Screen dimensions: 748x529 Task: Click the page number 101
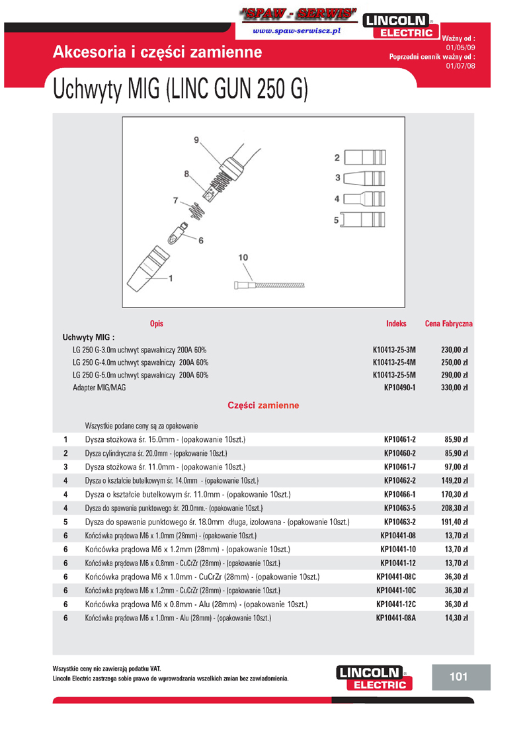pos(458,677)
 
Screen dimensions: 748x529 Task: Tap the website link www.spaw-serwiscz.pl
pos(296,31)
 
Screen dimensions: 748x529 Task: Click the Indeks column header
pos(396,324)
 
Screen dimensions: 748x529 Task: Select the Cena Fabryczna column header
pos(448,324)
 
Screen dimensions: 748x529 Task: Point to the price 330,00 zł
pos(454,388)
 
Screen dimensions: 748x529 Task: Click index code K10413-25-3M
pos(394,350)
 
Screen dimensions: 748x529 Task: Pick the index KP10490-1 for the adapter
pos(399,388)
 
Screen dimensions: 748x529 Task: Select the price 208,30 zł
pos(454,508)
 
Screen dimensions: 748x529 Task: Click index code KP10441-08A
pos(396,618)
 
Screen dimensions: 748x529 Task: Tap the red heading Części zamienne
pos(263,405)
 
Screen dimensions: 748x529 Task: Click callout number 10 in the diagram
pos(243,257)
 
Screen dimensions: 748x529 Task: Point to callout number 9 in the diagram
pos(196,140)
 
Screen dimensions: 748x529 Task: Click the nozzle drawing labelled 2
pos(366,158)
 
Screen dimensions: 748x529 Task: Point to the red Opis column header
pos(157,324)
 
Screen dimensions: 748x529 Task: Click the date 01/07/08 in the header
pos(460,66)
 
